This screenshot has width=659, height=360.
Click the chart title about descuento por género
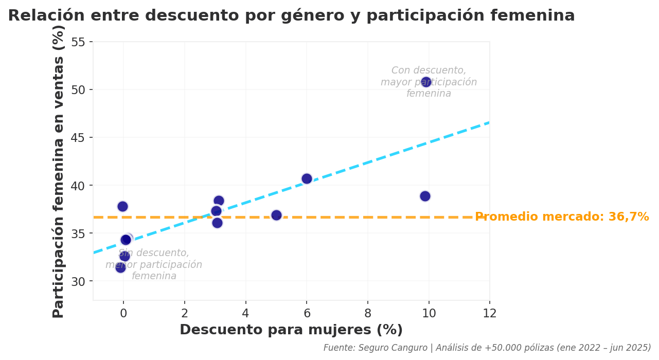click(291, 16)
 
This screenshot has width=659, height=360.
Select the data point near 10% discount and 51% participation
click(426, 82)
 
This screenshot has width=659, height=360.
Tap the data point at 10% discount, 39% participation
click(425, 196)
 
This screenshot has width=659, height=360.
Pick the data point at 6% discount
click(307, 178)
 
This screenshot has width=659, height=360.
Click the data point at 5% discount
click(276, 215)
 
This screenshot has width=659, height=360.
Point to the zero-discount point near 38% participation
click(122, 206)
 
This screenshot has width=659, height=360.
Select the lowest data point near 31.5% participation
click(120, 267)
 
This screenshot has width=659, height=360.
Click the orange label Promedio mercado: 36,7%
click(562, 217)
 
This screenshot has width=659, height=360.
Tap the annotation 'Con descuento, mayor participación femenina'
click(429, 82)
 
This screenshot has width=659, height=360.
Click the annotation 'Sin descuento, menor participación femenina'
click(154, 265)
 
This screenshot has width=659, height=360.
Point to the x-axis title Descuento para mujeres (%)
click(291, 330)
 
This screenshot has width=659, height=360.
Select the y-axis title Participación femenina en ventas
click(59, 171)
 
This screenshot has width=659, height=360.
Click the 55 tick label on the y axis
click(78, 42)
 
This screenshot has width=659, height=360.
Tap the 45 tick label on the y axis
click(78, 138)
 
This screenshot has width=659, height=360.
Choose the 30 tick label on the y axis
click(78, 281)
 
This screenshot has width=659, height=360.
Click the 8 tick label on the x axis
click(368, 313)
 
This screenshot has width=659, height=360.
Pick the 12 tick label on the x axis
click(490, 313)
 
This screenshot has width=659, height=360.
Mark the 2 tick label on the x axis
click(185, 313)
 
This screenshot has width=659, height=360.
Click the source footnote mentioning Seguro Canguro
click(487, 348)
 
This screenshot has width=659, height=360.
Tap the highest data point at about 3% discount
click(219, 201)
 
